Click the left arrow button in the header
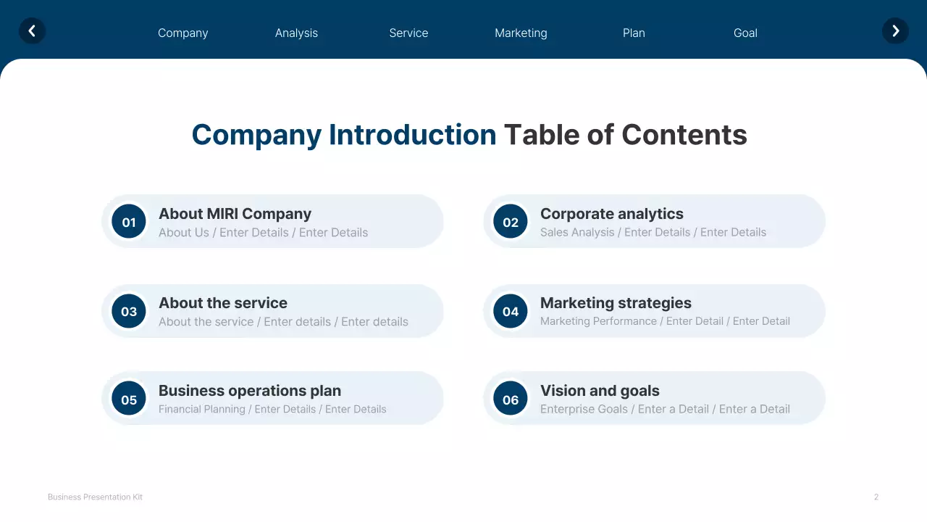pyautogui.click(x=32, y=31)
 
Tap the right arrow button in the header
pyautogui.click(x=895, y=31)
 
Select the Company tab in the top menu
pyautogui.click(x=183, y=33)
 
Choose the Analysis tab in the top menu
pyautogui.click(x=296, y=33)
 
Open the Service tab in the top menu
pyautogui.click(x=408, y=33)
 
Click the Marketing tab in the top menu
pyautogui.click(x=521, y=33)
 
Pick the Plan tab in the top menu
pyautogui.click(x=634, y=33)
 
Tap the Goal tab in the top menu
pyautogui.click(x=745, y=33)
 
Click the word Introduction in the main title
pyautogui.click(x=412, y=135)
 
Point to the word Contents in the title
pyautogui.click(x=684, y=135)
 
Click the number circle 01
pyautogui.click(x=129, y=222)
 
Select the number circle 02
pyautogui.click(x=511, y=222)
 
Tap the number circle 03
pyautogui.click(x=129, y=311)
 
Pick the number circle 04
pyautogui.click(x=511, y=311)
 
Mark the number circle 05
pyautogui.click(x=129, y=399)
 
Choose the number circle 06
pyautogui.click(x=511, y=399)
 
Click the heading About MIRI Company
pyautogui.click(x=235, y=214)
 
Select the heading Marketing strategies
pyautogui.click(x=616, y=303)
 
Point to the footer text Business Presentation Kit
pyautogui.click(x=95, y=497)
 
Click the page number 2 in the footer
pyautogui.click(x=876, y=497)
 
